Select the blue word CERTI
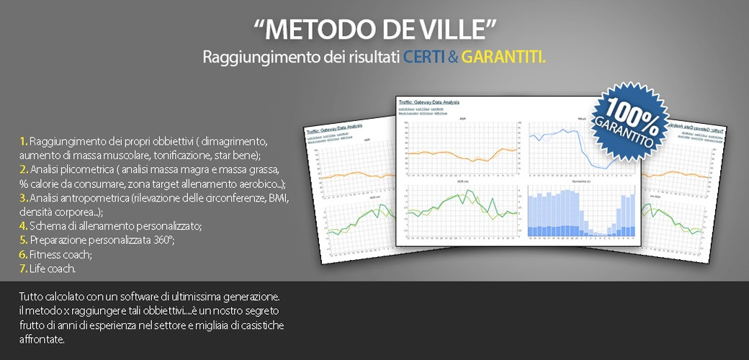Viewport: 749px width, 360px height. tap(424, 57)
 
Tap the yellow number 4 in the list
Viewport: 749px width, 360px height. tap(24, 226)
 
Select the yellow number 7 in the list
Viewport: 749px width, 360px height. tap(24, 269)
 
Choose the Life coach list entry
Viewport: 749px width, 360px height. tap(52, 269)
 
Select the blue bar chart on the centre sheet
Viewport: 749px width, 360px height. tap(581, 215)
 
